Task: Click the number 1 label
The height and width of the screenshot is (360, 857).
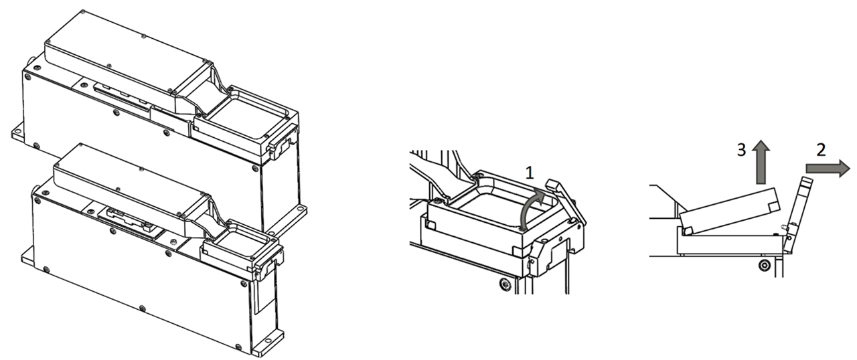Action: point(529,173)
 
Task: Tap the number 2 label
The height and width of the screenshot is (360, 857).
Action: point(821,150)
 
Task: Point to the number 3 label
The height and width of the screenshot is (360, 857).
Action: point(741,150)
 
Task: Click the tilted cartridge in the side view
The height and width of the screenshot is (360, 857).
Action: point(729,211)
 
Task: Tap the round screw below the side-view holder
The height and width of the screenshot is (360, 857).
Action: point(765,265)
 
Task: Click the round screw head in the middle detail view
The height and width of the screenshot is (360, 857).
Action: point(505,284)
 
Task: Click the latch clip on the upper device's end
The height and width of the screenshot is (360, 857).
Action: point(283,141)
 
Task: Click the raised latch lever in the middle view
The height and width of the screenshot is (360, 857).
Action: point(566,201)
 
